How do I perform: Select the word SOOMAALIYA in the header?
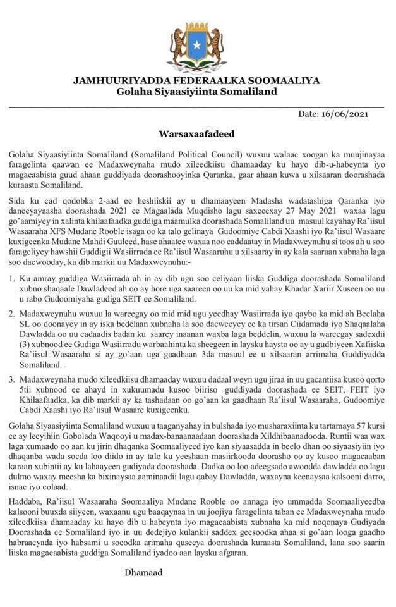pyautogui.click(x=287, y=80)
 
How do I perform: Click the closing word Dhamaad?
pyautogui.click(x=143, y=572)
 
